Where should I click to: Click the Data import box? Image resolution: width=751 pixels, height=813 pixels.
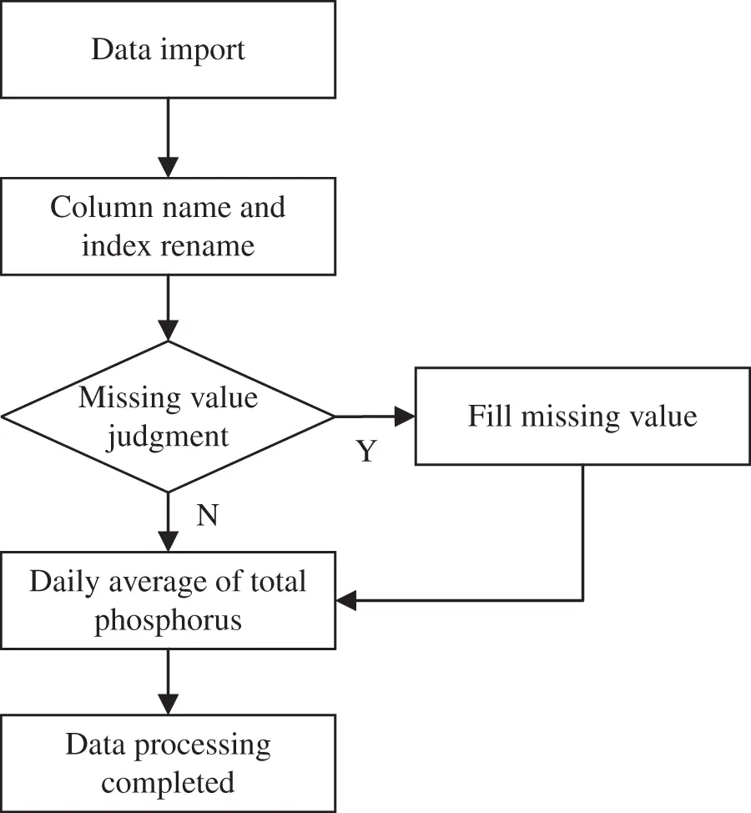click(168, 49)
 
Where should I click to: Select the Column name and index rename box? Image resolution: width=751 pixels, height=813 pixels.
click(168, 226)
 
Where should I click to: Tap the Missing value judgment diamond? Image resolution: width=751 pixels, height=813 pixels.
click(168, 416)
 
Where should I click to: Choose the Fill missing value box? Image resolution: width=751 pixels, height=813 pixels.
click(582, 416)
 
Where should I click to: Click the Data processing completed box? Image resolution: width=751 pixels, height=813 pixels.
click(168, 763)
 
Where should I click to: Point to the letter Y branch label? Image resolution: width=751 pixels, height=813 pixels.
click(366, 452)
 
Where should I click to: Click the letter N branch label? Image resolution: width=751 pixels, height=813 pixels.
click(207, 517)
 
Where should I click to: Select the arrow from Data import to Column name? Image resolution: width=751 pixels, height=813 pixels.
click(168, 138)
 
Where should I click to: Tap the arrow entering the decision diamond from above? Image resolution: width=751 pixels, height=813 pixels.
click(168, 309)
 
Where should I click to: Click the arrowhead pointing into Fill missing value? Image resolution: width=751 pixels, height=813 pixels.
click(405, 416)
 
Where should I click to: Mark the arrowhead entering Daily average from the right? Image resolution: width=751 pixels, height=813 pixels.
click(346, 600)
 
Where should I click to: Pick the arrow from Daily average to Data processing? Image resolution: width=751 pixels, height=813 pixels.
click(168, 680)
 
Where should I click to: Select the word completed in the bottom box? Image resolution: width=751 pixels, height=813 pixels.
click(168, 783)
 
